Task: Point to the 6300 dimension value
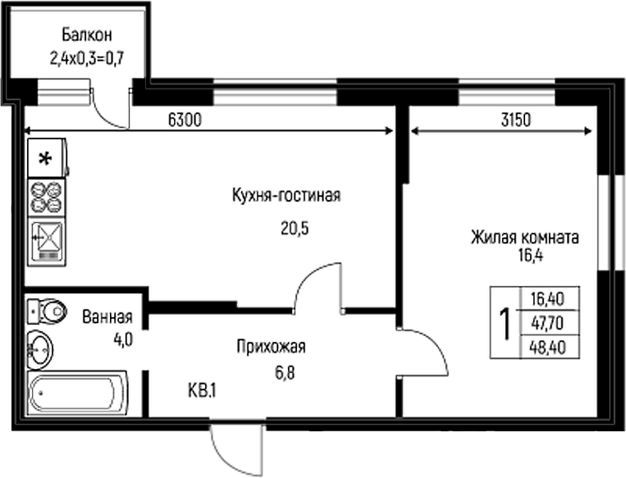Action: (185, 120)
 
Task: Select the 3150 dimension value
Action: (517, 120)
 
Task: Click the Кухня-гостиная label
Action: (286, 196)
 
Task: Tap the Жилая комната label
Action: (525, 238)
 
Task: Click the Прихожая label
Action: (270, 347)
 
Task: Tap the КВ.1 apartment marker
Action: (202, 390)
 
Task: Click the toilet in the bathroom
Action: (49, 311)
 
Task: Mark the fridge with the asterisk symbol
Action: (48, 158)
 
